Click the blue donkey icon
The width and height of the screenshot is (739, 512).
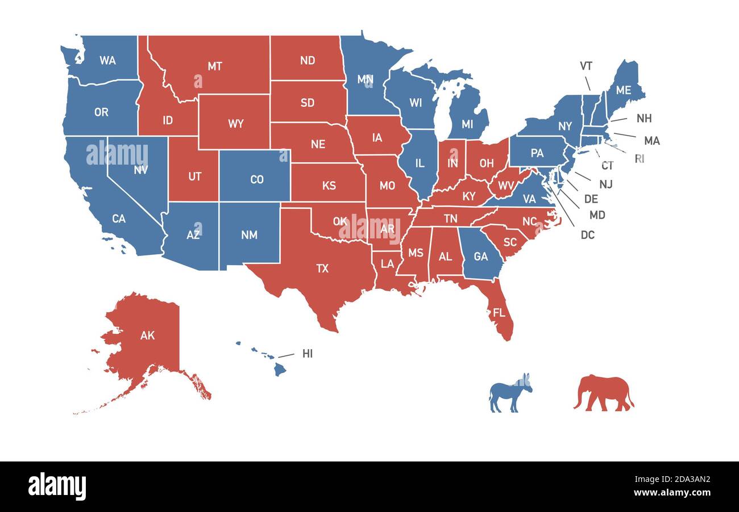coord(510,393)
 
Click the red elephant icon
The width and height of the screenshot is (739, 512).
coord(603,392)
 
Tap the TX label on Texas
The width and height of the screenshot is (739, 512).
coord(322,268)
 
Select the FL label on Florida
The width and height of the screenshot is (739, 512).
coord(499,313)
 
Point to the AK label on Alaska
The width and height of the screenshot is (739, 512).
coord(147,335)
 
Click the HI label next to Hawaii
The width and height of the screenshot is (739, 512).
coord(308,354)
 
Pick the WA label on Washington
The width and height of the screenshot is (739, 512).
coord(107,60)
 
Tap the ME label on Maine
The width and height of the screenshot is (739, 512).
coord(624,90)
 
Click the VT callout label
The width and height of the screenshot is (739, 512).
coord(586,66)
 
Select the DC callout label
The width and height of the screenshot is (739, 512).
coord(587,234)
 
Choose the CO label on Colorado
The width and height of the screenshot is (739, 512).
coord(257,179)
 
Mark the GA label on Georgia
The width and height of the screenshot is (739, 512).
coord(481,257)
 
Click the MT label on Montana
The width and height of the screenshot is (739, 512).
coord(214,66)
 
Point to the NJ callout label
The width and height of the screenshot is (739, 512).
coord(605,184)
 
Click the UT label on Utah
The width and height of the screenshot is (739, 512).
coord(194,177)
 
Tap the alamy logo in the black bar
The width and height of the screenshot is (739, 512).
coord(57,486)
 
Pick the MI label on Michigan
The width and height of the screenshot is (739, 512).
coord(467,124)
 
